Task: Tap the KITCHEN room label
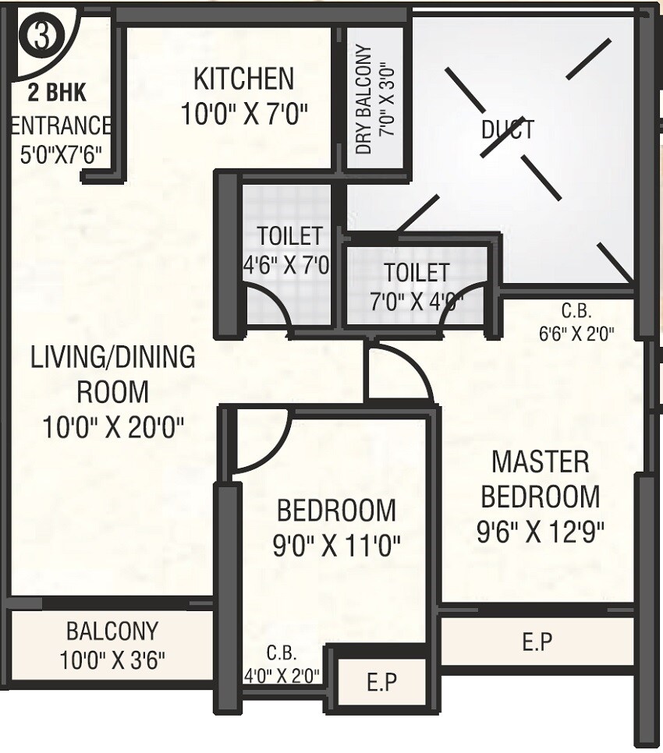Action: click(x=243, y=79)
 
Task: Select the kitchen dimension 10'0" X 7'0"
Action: click(x=245, y=114)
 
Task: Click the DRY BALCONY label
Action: click(x=364, y=100)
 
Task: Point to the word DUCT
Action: click(x=509, y=129)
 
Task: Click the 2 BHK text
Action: click(x=57, y=93)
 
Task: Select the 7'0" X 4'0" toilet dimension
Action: click(x=417, y=300)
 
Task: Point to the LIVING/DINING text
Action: click(x=112, y=357)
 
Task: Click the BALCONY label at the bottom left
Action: click(x=112, y=630)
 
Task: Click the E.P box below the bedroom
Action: click(x=382, y=683)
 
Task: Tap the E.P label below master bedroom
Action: click(x=537, y=642)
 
